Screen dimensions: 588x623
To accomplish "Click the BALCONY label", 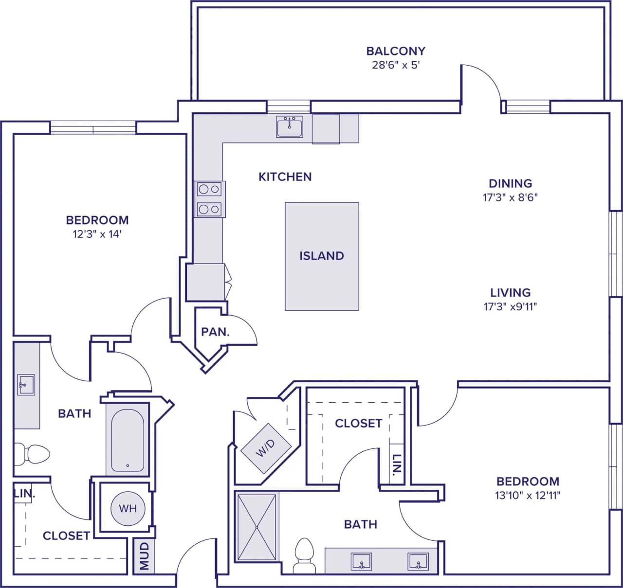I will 395,51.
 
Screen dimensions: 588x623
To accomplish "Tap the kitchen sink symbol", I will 289,126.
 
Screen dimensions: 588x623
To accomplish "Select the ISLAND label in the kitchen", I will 322,256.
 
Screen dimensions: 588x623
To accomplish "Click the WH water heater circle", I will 128,509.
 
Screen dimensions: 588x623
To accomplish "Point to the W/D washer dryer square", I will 266,448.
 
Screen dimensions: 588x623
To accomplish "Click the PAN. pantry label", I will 215,332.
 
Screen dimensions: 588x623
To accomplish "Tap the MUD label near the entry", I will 145,556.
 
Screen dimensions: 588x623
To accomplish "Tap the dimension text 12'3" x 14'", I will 97,234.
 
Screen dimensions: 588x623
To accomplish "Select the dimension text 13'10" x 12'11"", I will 528,496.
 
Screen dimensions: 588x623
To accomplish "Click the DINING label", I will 510,183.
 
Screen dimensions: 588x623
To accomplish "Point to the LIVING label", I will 510,292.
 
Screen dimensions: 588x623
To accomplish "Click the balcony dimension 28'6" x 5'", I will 395,65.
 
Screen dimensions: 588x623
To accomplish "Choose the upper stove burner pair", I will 209,189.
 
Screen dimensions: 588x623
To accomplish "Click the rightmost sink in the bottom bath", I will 418,562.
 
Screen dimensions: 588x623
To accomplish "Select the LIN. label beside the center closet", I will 397,464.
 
